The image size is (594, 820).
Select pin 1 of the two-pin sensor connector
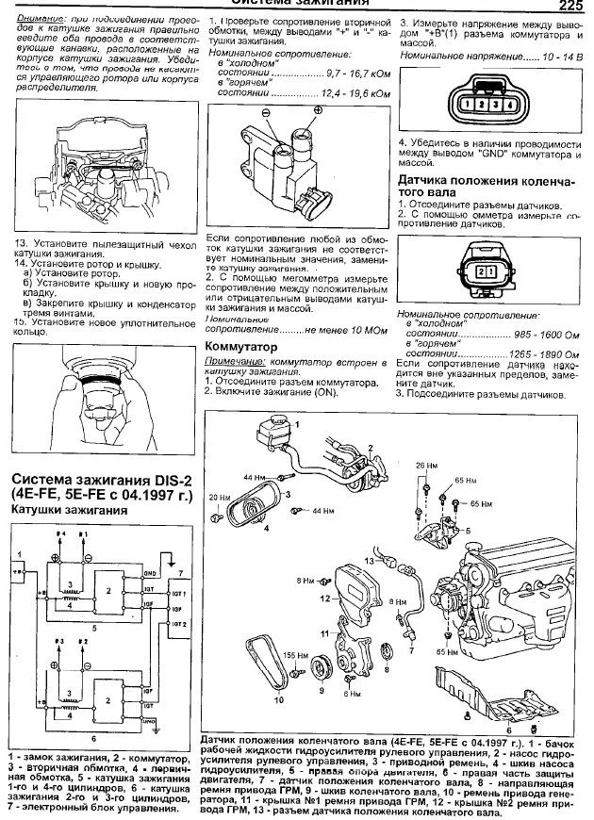pyautogui.click(x=488, y=271)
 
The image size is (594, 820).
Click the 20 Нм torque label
pyautogui.click(x=217, y=497)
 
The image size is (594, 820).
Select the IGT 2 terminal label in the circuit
pyautogui.click(x=177, y=625)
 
